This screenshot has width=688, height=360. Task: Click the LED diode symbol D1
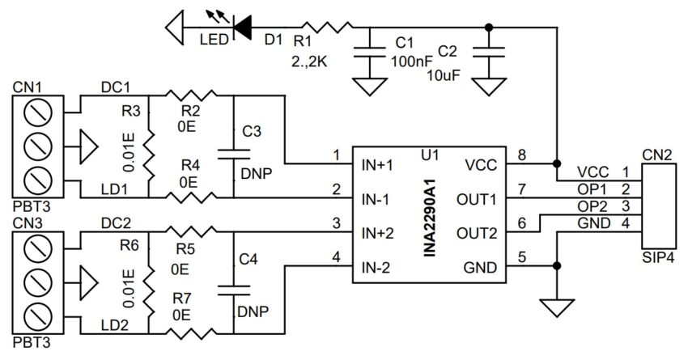pos(240,28)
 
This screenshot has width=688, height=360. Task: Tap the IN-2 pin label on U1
pos(377,267)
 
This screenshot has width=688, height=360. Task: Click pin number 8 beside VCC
pos(523,154)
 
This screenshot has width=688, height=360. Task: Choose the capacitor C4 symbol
pos(233,288)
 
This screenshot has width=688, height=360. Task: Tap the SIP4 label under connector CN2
pos(656,260)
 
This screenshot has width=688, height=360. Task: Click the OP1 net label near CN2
pos(594,188)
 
